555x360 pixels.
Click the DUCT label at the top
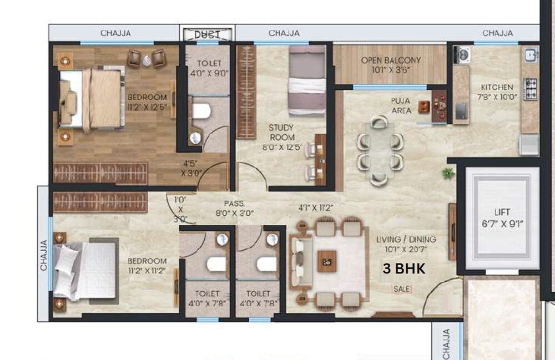pos(206,34)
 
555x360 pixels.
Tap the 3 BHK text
pos(404,269)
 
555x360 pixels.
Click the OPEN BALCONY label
pos(391,65)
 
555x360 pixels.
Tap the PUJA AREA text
pos(401,105)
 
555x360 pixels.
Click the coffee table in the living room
pos(327,261)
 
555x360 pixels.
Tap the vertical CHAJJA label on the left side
pos(44,253)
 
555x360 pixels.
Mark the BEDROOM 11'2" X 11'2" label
pos(147,266)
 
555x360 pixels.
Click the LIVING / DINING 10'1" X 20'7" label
pos(406,244)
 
